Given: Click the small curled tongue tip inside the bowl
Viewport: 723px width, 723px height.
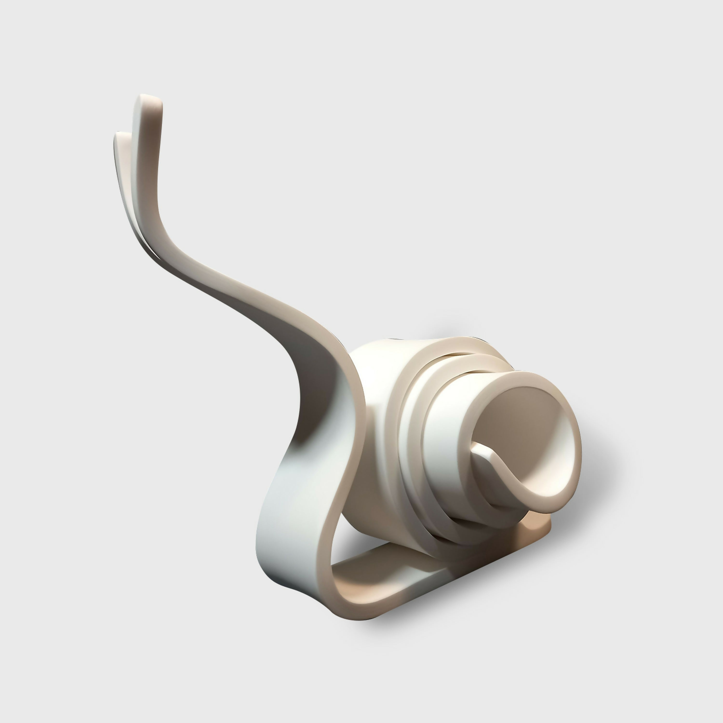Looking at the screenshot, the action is pyautogui.click(x=476, y=446).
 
